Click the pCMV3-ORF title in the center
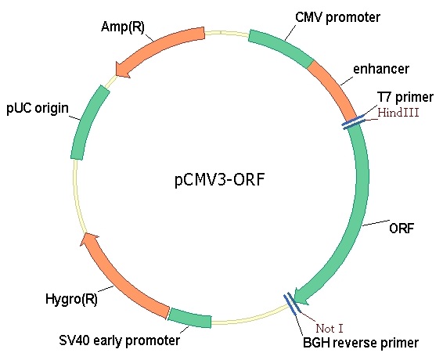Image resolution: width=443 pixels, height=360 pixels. tap(220, 179)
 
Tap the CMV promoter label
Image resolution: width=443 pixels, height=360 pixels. tap(337, 17)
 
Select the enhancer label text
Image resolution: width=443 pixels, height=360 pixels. tap(381, 69)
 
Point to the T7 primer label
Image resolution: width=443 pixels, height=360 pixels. tap(405, 97)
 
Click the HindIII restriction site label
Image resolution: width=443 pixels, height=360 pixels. tap(398, 113)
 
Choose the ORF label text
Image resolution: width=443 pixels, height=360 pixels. tap(402, 228)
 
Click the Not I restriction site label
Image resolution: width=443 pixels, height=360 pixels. tap(330, 329)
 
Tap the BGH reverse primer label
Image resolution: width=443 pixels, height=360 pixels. tap(361, 343)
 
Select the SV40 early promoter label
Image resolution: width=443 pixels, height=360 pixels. tap(120, 340)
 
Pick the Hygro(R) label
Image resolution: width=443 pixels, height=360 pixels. tap(71, 299)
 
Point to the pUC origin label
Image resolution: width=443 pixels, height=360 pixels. tap(38, 109)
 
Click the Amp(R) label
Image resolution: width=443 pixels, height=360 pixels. tap(123, 27)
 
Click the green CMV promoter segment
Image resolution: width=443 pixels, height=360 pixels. tap(281, 48)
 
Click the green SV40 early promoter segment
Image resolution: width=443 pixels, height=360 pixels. tap(189, 318)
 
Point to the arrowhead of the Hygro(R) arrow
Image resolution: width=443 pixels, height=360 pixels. tap(88, 239)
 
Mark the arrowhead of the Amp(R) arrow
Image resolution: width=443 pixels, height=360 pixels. tap(123, 70)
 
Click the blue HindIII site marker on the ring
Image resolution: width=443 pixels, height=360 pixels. tap(354, 122)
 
